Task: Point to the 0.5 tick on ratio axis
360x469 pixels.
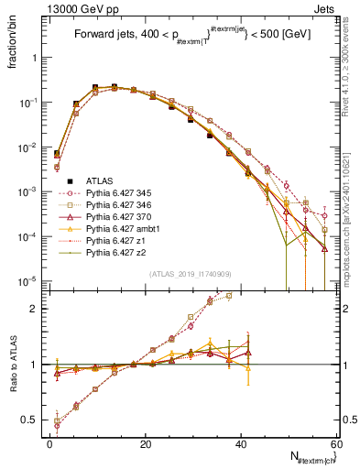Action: (34, 420)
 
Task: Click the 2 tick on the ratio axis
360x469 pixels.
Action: (38, 309)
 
